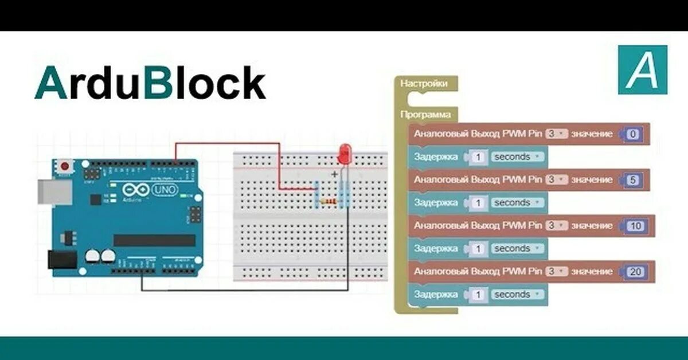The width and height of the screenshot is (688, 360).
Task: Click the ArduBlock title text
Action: [150, 84]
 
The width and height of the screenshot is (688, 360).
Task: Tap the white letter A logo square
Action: [643, 70]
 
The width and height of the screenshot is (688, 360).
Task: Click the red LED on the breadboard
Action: [344, 154]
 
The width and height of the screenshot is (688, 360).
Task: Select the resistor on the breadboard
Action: [329, 202]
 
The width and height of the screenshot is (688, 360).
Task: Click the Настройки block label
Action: [424, 84]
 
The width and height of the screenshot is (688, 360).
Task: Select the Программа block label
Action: [425, 115]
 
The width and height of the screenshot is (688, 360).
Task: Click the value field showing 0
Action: [633, 134]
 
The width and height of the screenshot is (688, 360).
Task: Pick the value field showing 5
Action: [633, 180]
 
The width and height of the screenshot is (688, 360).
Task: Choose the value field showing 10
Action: [635, 226]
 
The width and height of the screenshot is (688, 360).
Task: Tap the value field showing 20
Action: [635, 272]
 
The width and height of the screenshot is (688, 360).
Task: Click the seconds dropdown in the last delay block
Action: [516, 295]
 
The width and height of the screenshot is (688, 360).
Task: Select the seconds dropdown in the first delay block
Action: [516, 156]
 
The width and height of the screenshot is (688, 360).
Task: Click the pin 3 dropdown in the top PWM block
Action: [556, 134]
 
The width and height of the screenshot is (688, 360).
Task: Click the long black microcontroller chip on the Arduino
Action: [154, 240]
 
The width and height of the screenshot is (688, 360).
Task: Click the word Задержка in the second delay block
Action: [436, 202]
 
